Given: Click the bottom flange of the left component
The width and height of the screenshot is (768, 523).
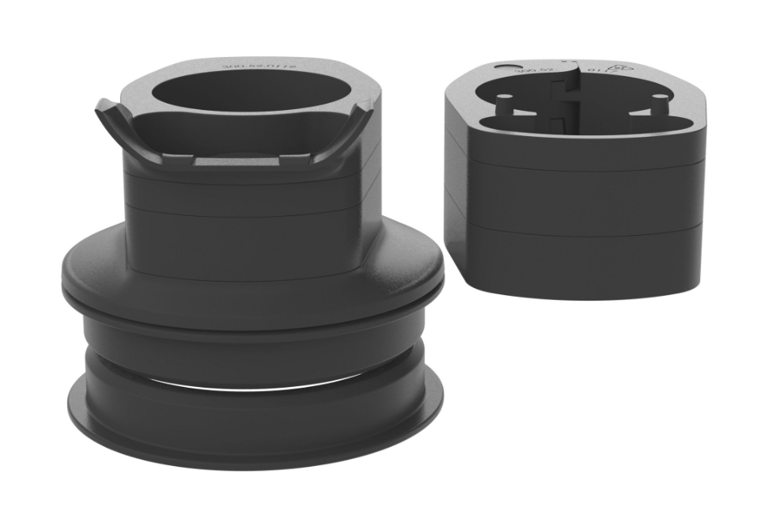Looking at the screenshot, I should [x=253, y=431].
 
